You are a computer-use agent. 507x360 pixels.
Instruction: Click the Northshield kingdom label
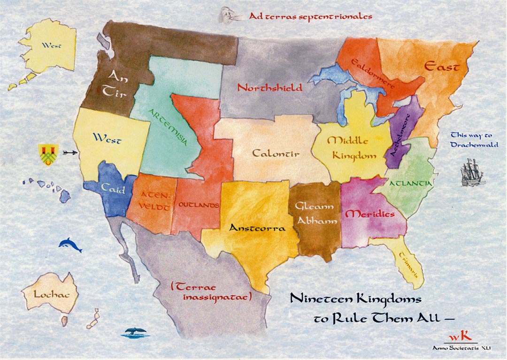point(269,87)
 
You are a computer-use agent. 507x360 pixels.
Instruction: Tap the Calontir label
point(276,153)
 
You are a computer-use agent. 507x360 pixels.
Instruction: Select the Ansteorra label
point(257,229)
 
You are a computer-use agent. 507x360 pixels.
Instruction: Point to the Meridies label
point(369,214)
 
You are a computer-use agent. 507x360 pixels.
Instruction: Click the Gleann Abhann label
point(316,214)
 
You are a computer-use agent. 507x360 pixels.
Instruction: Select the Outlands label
point(199,206)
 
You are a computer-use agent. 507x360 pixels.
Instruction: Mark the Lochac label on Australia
point(48,294)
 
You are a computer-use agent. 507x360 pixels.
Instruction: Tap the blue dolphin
point(70,245)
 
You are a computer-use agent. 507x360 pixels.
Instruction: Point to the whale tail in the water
point(136,333)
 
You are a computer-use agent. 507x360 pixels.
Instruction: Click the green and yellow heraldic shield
point(49,154)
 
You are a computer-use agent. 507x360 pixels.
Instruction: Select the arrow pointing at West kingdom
point(69,152)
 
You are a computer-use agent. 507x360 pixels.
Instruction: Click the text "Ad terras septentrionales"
point(310,16)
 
